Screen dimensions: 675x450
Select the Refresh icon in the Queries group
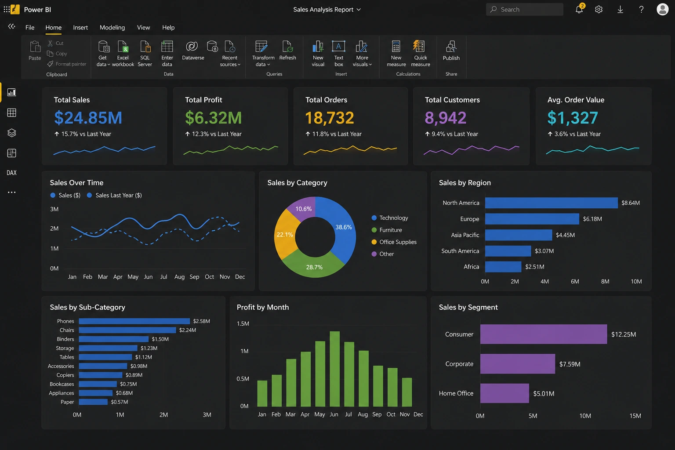click(x=287, y=47)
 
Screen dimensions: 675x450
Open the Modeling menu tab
click(x=112, y=27)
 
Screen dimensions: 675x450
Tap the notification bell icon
click(x=579, y=9)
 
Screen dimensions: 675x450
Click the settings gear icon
click(x=599, y=9)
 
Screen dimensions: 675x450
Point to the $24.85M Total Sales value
click(x=88, y=117)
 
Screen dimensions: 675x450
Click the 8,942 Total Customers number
click(x=445, y=117)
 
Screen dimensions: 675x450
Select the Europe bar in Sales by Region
click(x=532, y=219)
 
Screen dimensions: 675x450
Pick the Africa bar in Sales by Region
click(x=503, y=267)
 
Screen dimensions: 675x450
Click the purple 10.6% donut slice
click(x=301, y=208)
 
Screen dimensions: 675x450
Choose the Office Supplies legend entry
click(x=394, y=242)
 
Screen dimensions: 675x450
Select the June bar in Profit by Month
click(x=334, y=369)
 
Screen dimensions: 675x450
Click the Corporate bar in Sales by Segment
click(x=517, y=364)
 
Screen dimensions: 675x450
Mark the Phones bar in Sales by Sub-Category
click(x=134, y=321)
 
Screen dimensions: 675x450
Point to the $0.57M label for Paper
click(x=120, y=402)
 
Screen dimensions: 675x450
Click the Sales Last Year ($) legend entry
click(x=114, y=195)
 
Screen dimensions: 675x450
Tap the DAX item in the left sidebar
click(x=11, y=173)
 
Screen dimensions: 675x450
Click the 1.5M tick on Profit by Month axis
click(x=243, y=324)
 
